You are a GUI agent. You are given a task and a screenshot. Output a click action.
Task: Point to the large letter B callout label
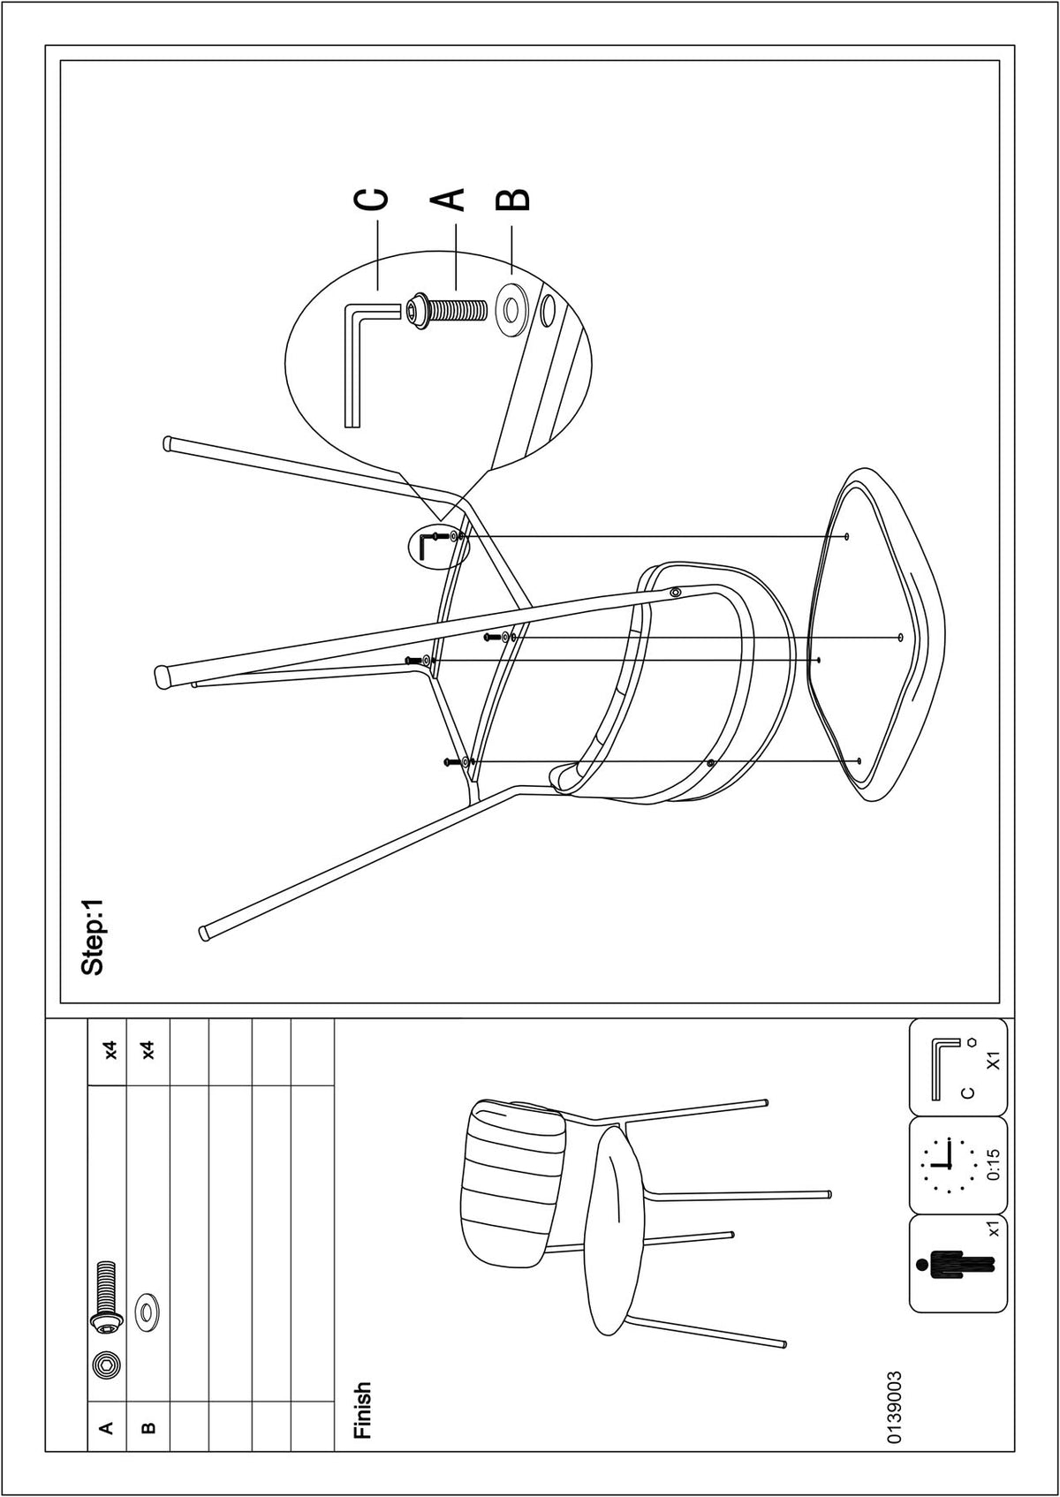(512, 198)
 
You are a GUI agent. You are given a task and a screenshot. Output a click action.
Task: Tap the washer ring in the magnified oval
(513, 311)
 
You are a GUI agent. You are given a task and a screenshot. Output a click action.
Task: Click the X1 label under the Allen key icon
(993, 1060)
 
